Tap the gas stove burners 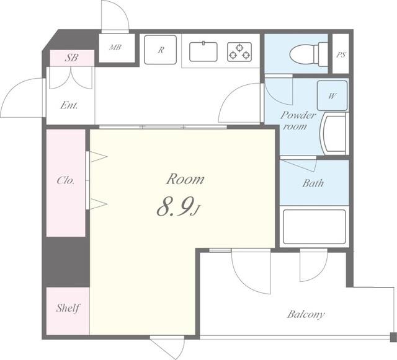tap(239, 52)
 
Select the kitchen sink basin tap(203, 51)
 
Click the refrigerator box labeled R tap(160, 50)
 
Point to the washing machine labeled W tap(332, 95)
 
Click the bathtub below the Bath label tap(314, 227)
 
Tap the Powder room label tap(298, 120)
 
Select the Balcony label tap(306, 315)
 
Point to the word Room tap(185, 179)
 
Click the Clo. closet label tap(66, 180)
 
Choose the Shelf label tap(68, 308)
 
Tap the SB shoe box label tap(72, 58)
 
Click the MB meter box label tap(115, 47)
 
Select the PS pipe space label tap(341, 55)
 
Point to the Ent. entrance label tap(69, 105)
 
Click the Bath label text tap(313, 183)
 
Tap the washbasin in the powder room tap(334, 134)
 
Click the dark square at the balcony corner tap(393, 337)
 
